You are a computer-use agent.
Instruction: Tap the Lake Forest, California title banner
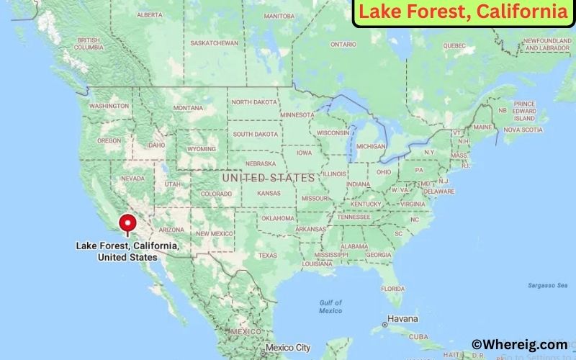(463, 12)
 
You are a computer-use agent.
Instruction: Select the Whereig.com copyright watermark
(519, 345)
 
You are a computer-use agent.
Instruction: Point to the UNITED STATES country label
(269, 177)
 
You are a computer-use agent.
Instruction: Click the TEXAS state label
(268, 256)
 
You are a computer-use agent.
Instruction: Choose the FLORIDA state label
(393, 289)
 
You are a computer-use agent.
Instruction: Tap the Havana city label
(402, 318)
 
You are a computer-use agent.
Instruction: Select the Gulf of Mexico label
(330, 306)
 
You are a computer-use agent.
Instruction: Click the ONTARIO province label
(343, 45)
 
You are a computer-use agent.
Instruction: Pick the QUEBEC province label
(454, 45)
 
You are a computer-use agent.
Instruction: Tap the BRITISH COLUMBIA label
(89, 44)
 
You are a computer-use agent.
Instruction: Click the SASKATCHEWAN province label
(214, 43)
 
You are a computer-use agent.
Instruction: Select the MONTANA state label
(188, 108)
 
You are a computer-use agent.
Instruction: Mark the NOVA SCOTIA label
(522, 130)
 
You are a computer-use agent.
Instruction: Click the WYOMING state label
(201, 149)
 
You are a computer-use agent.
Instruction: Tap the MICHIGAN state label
(371, 146)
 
